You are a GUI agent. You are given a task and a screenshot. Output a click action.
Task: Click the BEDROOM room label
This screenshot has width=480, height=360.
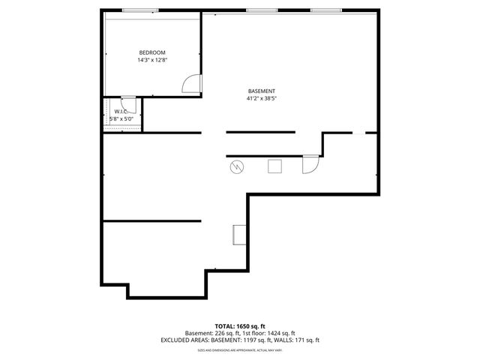tap(151, 52)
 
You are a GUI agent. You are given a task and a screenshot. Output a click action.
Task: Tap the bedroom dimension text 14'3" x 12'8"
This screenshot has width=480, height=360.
tap(151, 60)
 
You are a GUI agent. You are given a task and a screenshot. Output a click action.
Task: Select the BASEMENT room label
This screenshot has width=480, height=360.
tap(256, 91)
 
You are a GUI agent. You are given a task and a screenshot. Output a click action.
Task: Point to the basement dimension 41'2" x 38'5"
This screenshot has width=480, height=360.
tap(256, 98)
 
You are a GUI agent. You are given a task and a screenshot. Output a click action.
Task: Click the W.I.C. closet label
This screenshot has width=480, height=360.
tap(121, 112)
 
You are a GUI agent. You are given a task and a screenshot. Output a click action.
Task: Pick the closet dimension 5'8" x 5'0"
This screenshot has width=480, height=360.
tap(121, 118)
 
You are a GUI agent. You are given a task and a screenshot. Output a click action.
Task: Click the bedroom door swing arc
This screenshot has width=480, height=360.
tap(193, 82)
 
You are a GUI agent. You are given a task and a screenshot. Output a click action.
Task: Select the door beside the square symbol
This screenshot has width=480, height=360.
tap(310, 164)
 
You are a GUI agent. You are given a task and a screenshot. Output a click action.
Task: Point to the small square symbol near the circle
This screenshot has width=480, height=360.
tap(275, 165)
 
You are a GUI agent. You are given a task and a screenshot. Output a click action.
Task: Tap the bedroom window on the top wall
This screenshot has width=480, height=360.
tap(140, 10)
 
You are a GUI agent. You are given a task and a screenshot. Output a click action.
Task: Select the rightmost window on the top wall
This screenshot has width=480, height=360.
tap(325, 10)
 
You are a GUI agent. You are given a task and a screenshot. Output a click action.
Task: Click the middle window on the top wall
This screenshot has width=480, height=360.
tap(260, 10)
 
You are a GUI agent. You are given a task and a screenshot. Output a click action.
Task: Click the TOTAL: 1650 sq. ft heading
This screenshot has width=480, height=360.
tap(240, 326)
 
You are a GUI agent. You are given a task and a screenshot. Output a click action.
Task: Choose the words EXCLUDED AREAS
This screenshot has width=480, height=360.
tap(182, 340)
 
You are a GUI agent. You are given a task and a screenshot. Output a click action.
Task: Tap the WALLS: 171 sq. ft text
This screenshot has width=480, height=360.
tap(297, 340)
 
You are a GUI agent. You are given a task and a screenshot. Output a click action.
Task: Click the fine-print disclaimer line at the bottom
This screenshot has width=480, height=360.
tap(240, 349)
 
